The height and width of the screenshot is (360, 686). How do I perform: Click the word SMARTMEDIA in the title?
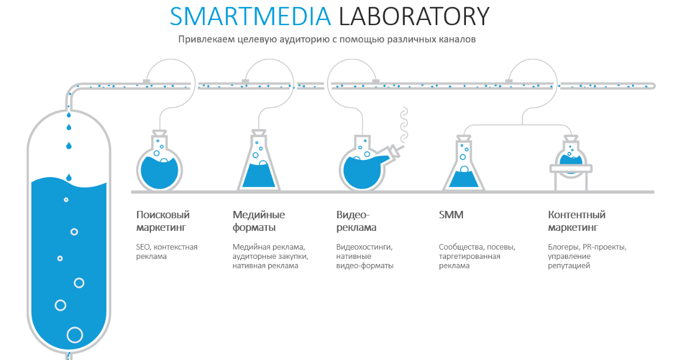coord(250,16)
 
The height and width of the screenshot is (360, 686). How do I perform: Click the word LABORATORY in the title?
coord(414,16)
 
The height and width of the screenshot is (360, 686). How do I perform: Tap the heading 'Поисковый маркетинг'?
coord(163,221)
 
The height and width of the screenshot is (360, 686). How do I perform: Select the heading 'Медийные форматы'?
coord(259,221)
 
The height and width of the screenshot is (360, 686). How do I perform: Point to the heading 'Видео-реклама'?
coord(356,221)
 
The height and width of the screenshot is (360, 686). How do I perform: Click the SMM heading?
coord(451,215)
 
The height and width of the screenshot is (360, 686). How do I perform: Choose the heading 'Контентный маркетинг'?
coord(577,221)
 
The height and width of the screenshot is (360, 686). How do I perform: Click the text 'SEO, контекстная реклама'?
coord(167,251)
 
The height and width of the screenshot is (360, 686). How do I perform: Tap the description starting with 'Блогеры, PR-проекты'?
coord(587,256)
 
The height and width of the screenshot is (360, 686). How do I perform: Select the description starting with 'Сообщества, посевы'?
coord(477,256)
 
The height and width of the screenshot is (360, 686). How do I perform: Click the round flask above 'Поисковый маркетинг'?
coord(159,162)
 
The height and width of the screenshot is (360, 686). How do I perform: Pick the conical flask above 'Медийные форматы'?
coord(259,161)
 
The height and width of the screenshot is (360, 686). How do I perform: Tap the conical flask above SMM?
coord(464,163)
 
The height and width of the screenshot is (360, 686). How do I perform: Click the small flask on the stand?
coord(571,163)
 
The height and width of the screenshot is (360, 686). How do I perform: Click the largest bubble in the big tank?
coord(75,335)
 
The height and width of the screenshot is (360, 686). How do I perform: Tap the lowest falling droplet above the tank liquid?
coord(69,177)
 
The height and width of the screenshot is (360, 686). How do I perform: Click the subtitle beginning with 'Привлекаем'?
coord(327,39)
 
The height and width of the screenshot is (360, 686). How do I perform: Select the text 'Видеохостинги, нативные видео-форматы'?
coord(365,256)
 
